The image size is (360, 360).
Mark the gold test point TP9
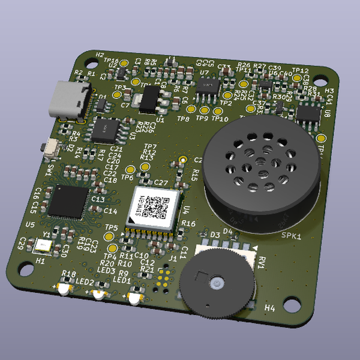205,110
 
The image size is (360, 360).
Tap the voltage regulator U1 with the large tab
151,98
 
